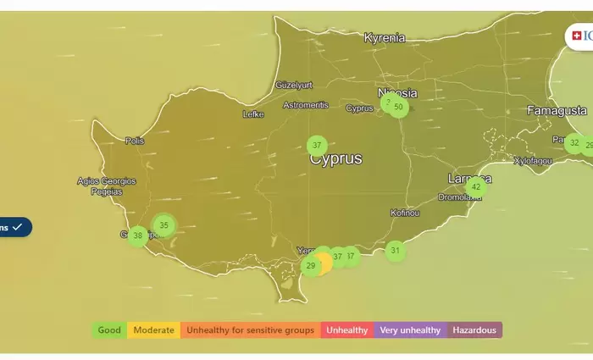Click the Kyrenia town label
click(x=385, y=38)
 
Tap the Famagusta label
click(x=557, y=111)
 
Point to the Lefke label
click(x=253, y=114)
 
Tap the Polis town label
click(x=135, y=141)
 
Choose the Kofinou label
click(x=405, y=213)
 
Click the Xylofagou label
click(x=533, y=161)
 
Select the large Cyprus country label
click(x=335, y=159)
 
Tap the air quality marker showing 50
click(x=398, y=107)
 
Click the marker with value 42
click(x=476, y=186)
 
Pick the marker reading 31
click(x=395, y=251)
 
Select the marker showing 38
click(x=138, y=236)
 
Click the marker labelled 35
click(x=164, y=225)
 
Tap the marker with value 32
click(x=574, y=143)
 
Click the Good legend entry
click(x=109, y=330)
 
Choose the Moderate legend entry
click(x=153, y=330)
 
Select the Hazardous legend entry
click(x=474, y=330)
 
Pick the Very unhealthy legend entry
click(x=410, y=330)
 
